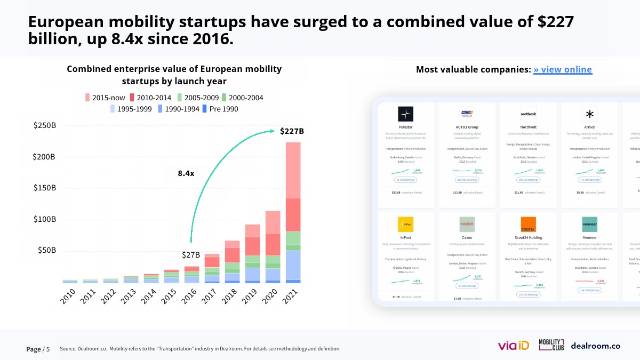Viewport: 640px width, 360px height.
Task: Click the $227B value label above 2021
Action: click(292, 131)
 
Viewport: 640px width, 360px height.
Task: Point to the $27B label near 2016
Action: click(190, 255)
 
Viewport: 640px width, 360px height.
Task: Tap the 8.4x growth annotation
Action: click(186, 173)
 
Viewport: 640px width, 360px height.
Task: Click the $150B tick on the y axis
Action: click(44, 188)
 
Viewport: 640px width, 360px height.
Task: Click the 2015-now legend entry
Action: click(106, 98)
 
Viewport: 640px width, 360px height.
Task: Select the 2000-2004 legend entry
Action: click(242, 98)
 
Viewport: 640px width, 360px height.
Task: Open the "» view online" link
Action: click(562, 70)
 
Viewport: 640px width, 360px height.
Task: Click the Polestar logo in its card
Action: click(405, 114)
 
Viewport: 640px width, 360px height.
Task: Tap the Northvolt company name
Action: click(528, 127)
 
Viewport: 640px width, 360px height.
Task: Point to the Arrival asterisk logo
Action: click(589, 114)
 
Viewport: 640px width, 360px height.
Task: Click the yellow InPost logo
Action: click(405, 224)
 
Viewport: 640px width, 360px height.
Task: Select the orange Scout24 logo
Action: click(528, 224)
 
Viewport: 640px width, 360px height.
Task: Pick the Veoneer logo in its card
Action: click(589, 224)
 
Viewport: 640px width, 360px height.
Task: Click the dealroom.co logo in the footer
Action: click(595, 346)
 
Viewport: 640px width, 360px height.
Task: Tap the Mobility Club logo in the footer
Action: click(551, 345)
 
